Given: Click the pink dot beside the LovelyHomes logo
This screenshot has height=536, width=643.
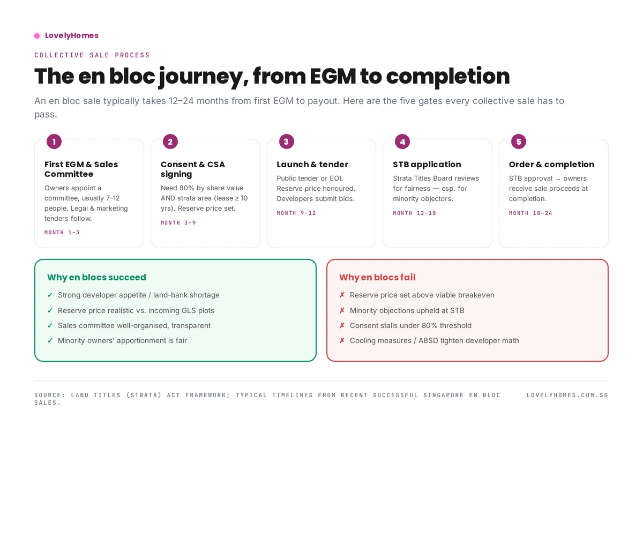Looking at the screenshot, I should (37, 36).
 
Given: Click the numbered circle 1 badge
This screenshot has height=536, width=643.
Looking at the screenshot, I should (54, 142).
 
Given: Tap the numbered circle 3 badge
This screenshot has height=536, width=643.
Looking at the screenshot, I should (286, 142).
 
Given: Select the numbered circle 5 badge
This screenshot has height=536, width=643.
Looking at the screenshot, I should (518, 142).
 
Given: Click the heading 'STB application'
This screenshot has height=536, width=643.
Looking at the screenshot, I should (427, 165).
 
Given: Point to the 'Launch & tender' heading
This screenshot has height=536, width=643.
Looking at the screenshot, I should (312, 165).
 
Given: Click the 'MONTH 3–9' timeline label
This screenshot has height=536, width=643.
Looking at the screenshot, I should (178, 223).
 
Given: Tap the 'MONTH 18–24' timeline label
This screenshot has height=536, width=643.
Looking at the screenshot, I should (530, 213).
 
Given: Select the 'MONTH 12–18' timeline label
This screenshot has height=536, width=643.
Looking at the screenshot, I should (414, 213).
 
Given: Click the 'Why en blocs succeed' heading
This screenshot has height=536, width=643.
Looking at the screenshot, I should (96, 277).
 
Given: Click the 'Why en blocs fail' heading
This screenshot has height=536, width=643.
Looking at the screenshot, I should (377, 277).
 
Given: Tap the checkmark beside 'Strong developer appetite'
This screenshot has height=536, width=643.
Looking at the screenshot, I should (50, 295).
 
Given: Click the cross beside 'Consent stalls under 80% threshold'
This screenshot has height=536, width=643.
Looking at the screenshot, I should (342, 325).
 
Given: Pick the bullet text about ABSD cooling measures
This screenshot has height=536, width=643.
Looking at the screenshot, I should (434, 340).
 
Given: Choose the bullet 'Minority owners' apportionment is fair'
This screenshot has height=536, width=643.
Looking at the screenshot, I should (122, 340).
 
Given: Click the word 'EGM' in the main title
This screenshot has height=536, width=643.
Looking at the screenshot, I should (332, 76).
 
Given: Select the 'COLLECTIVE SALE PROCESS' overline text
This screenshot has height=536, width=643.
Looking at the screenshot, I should (92, 55).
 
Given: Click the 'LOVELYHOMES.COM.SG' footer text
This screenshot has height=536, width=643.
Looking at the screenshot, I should (567, 395).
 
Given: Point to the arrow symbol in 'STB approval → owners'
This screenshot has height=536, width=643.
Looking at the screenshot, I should (558, 178).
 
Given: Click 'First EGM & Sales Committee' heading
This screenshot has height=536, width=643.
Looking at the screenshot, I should (81, 169).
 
